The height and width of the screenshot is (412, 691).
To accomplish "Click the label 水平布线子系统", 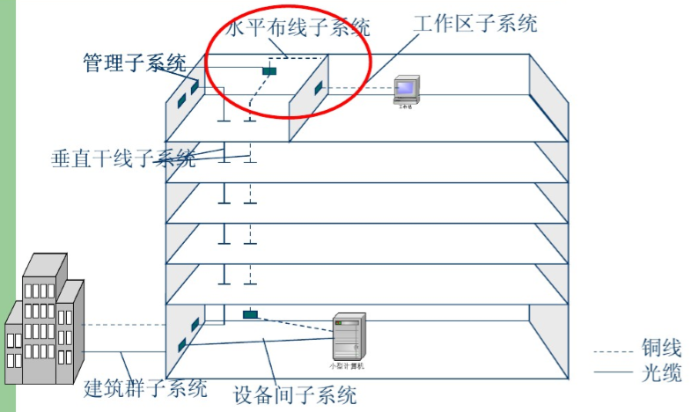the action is point(298,28).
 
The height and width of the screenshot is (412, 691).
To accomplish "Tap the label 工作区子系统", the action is point(475,24).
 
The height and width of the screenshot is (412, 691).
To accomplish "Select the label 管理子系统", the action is point(135,63).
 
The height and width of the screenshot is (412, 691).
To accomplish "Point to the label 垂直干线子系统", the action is point(123,159).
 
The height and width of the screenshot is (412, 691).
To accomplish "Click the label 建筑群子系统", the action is point(145,387).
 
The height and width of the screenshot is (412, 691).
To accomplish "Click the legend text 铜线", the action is point(662,349).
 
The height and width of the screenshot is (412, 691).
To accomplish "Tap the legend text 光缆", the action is point(662,373).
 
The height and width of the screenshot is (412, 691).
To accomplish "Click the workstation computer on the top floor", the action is point(406,89).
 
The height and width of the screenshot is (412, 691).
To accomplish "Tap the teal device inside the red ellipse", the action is point(269,70).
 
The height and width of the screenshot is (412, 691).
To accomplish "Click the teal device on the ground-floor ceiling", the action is point(250,314).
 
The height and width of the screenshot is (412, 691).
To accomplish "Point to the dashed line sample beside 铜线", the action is point(614,350).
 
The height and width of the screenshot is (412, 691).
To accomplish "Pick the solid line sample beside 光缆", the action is point(614,374).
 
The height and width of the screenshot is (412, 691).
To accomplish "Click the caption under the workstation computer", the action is point(406,105).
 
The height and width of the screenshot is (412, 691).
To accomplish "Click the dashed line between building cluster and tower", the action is point(123,321).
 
